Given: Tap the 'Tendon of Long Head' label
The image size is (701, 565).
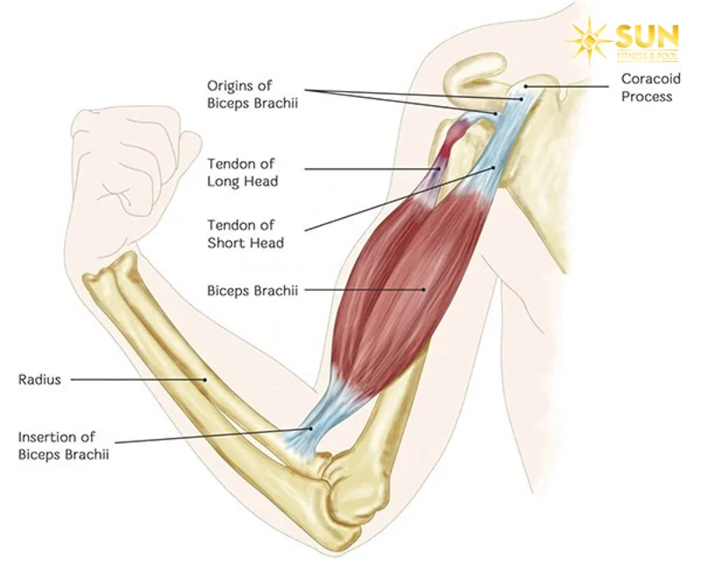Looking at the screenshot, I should click(243, 173).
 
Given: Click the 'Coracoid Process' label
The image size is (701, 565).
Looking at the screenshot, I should click(647, 88).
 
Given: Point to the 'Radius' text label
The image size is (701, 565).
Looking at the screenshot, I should click(39, 380).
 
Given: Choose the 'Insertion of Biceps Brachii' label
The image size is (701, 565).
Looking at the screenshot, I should click(57, 445).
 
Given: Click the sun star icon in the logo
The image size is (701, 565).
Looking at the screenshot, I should click(591, 39).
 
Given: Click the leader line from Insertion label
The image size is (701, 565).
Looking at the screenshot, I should click(210, 437).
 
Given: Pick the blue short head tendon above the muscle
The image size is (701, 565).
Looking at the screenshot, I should click(495, 158).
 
